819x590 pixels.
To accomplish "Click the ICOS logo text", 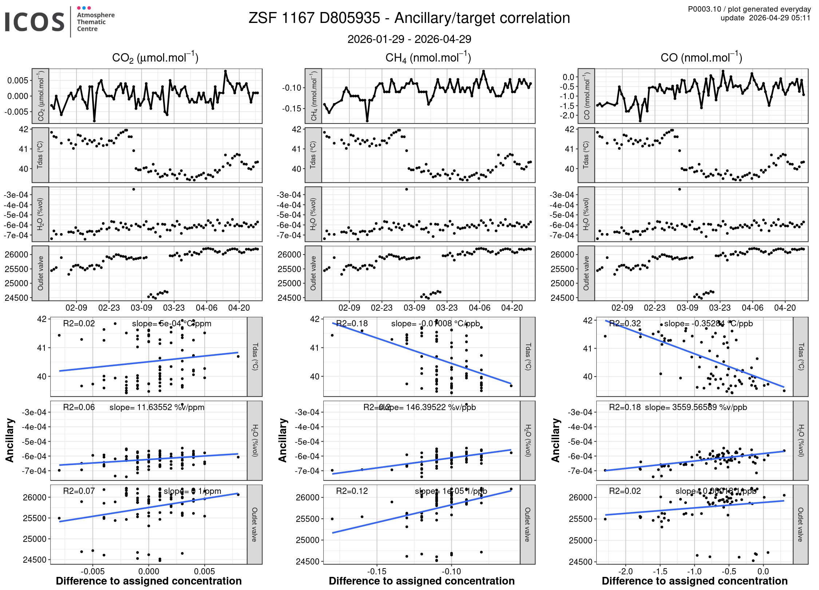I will [x=35, y=22].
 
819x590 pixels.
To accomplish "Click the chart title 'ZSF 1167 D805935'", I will [x=314, y=18].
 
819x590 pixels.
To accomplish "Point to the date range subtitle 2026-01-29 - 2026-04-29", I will [x=409, y=39].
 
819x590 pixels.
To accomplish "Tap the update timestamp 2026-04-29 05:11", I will [x=779, y=18].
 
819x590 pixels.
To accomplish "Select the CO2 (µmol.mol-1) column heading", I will [x=155, y=58].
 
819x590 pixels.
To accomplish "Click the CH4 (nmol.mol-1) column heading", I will [x=428, y=58].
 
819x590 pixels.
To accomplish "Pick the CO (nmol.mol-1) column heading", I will [x=701, y=58].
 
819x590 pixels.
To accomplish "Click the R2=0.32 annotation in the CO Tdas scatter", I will [x=625, y=323].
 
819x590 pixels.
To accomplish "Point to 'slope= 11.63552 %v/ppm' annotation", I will [x=157, y=407].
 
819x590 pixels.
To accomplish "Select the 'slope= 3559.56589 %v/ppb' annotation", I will [x=696, y=407].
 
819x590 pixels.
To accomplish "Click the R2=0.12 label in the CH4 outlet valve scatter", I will [x=352, y=491].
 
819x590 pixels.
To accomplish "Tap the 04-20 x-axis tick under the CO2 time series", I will [x=239, y=308].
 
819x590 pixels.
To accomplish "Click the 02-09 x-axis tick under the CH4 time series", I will [x=349, y=308].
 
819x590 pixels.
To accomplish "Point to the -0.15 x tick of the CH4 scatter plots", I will [x=376, y=571].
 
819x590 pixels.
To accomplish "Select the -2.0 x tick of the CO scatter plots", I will [x=625, y=571].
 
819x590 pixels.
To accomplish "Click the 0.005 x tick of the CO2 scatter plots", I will [x=205, y=571].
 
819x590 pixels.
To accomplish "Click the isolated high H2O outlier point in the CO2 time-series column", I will [x=134, y=189].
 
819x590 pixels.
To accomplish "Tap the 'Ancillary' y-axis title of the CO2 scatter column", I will [x=9, y=440].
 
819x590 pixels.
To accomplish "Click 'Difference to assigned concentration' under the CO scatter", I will [x=695, y=581].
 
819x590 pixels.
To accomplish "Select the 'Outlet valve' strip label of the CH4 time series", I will [x=313, y=273].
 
